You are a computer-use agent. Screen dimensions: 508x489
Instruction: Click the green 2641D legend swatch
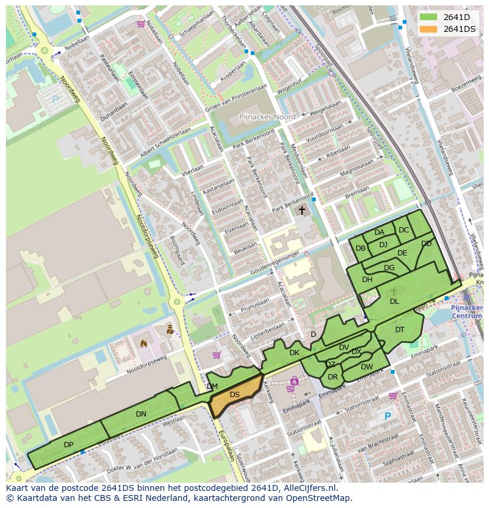pos(429,17)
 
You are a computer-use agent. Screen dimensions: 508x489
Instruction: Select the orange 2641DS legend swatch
pos(429,29)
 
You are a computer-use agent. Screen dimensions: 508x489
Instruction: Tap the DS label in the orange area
pos(234,395)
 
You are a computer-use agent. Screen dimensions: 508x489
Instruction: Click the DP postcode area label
pos(69,445)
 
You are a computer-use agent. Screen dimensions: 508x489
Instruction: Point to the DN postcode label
pos(141,414)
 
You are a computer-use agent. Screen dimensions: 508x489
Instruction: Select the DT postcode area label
pos(400,330)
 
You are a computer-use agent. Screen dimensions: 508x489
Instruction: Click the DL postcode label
pos(394,301)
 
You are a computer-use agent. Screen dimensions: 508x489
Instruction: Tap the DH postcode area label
pos(367,280)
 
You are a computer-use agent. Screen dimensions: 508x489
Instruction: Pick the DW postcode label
pos(367,367)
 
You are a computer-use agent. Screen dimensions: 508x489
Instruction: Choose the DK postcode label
pos(294,353)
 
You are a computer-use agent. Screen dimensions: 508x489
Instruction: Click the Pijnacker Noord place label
pos(267,117)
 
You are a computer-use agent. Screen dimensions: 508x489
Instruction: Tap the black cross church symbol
pos(302,210)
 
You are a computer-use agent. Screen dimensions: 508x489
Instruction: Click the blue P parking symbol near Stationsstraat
pos(387,417)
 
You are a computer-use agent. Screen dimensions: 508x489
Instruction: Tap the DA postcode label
pos(379,232)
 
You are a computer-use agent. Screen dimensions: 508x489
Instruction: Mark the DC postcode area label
pos(403,230)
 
